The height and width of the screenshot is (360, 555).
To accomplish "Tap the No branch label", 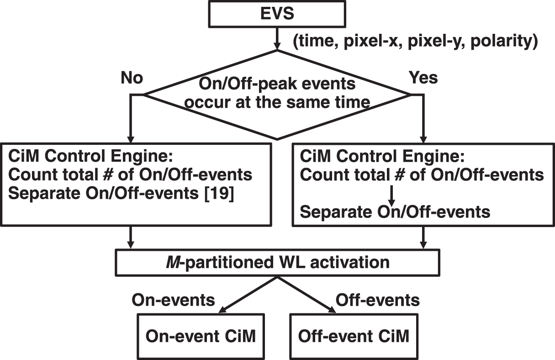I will tap(132, 78).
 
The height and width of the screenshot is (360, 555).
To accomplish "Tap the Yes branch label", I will tap(423, 78).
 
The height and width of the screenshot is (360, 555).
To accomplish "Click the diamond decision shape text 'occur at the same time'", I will tap(277, 101).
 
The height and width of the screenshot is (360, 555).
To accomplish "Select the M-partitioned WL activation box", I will tap(277, 262).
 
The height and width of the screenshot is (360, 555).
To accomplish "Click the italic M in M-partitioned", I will tap(171, 262).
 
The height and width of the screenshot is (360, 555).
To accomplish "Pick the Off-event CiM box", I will tap(354, 336).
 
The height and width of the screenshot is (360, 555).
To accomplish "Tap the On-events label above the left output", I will tap(174, 300).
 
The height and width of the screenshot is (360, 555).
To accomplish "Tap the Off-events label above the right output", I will tap(378, 300).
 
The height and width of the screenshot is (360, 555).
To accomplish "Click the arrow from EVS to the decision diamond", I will tap(277, 38).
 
